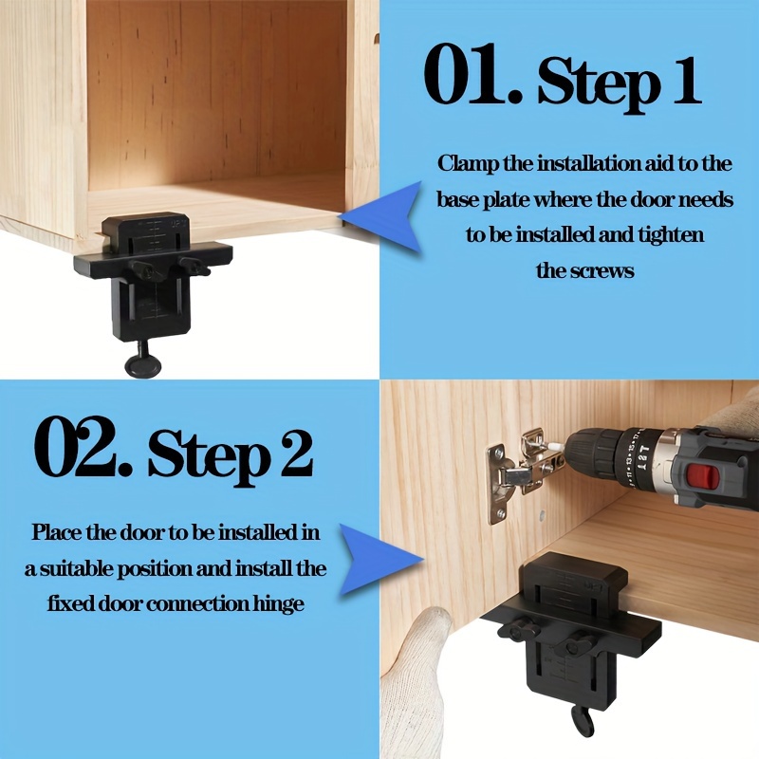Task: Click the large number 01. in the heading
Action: click(x=472, y=74)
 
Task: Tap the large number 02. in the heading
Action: click(x=83, y=446)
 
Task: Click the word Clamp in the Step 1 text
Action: click(x=468, y=164)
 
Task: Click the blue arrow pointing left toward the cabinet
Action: click(x=380, y=216)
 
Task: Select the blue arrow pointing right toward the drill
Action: click(x=381, y=560)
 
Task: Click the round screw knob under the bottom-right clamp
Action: click(x=581, y=720)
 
